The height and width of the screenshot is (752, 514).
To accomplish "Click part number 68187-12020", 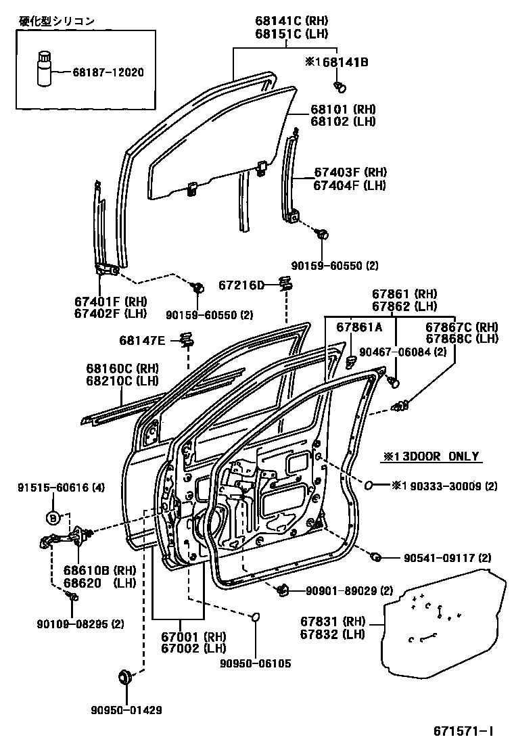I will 108,71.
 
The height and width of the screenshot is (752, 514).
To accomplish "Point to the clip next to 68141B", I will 340,86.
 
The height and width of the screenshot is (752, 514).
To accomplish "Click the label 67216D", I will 241,285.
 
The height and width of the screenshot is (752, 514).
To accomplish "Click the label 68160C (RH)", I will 122,369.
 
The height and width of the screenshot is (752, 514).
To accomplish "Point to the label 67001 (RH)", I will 193,636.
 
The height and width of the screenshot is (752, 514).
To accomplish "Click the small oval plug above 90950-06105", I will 256,617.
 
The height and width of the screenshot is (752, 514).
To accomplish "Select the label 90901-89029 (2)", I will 349,591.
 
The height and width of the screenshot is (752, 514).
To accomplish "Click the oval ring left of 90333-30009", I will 371,485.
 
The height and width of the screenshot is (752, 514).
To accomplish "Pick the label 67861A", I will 359,327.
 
